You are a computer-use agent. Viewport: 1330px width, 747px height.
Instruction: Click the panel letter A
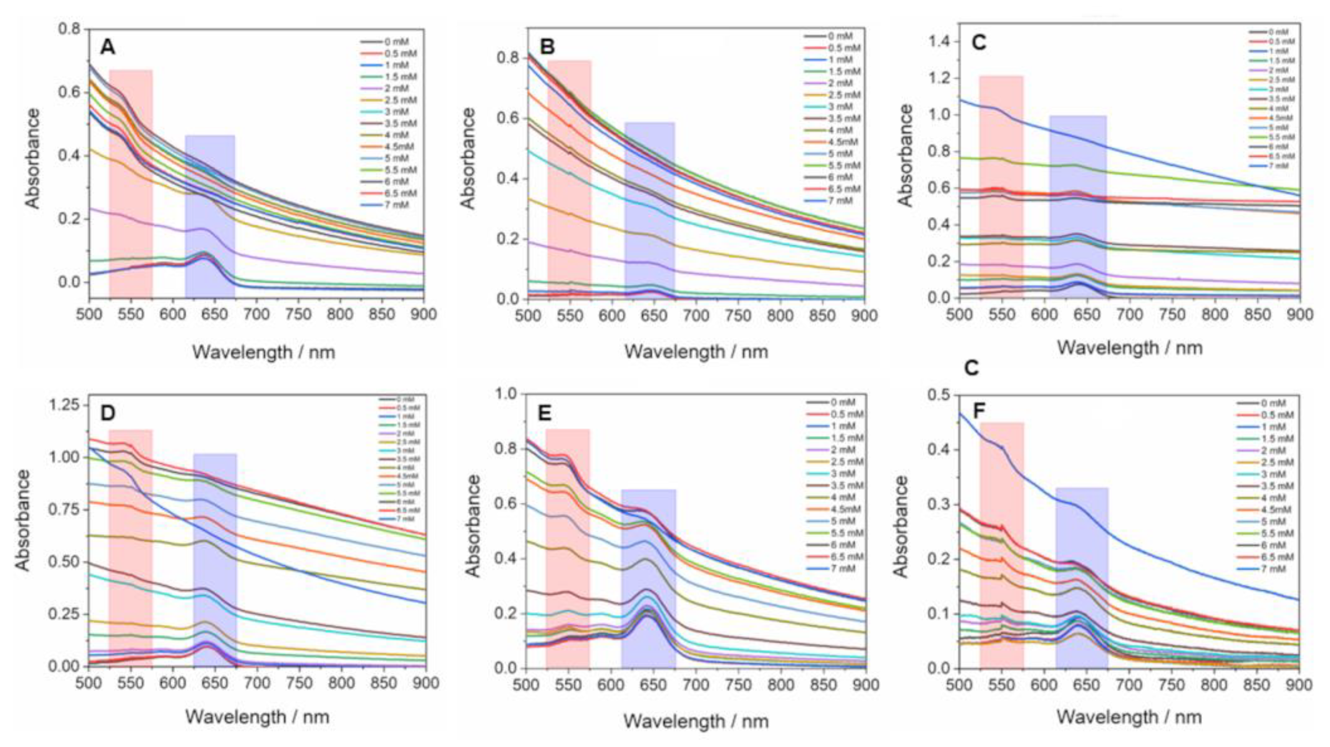[107, 47]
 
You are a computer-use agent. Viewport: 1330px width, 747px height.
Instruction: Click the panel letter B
[547, 47]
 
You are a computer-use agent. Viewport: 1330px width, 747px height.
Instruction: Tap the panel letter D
[107, 413]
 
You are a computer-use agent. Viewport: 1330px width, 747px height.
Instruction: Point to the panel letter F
[979, 411]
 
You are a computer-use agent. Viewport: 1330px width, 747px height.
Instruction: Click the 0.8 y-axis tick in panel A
[70, 29]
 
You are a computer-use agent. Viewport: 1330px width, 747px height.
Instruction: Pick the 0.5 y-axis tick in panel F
[937, 396]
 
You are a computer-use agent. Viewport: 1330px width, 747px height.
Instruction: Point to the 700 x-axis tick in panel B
[696, 314]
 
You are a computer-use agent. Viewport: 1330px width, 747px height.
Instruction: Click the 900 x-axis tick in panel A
[423, 314]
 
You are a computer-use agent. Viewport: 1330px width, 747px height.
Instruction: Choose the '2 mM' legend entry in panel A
[396, 88]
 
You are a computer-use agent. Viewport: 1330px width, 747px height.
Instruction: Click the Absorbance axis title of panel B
[468, 159]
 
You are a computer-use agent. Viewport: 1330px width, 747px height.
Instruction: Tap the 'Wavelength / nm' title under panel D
[257, 717]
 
